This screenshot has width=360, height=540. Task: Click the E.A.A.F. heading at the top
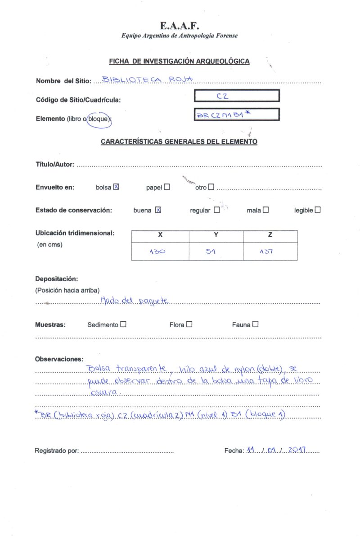pos(180,26)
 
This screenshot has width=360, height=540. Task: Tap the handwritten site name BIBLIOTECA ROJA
pos(148,80)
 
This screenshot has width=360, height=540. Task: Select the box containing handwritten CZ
pos(237,96)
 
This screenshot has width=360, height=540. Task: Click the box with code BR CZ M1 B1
pos(237,114)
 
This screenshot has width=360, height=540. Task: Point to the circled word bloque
pos(99,119)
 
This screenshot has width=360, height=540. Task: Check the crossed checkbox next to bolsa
pos(116,187)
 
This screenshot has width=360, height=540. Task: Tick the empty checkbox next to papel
pos(167,187)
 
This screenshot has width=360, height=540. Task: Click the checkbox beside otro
pos(211,187)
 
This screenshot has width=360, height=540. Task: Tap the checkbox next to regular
pos(217,210)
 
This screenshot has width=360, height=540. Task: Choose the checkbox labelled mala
pos(266,210)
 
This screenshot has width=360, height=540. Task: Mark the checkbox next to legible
pos(318,210)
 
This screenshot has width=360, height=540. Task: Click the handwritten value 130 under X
pos(157,252)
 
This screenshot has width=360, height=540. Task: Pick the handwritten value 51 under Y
pos(211,252)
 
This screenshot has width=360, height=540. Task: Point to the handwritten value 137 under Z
pos(266,252)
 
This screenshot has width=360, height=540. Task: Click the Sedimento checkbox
pos(123,324)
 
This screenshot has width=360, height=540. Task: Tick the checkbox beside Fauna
pos(256,324)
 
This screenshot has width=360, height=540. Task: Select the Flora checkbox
pos(189,324)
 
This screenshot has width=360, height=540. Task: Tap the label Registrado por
pos(57,450)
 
